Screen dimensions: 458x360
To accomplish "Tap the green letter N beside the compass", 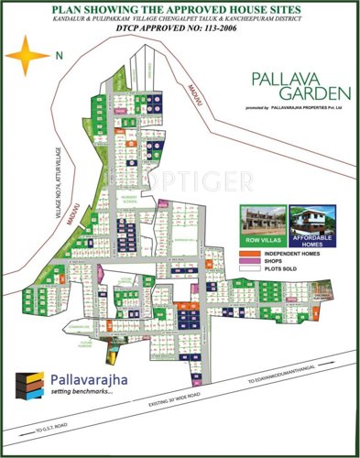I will (x=60, y=57).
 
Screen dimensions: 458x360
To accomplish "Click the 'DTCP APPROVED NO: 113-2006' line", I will (x=181, y=28).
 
